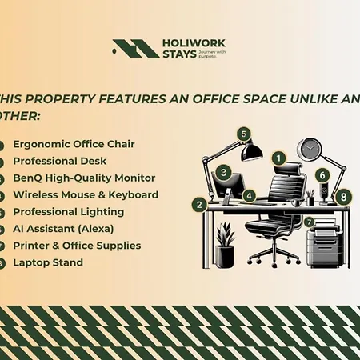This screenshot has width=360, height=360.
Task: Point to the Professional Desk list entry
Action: click(64, 161)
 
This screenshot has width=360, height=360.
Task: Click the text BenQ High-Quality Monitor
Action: click(84, 178)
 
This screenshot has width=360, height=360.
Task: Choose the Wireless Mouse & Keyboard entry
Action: click(86, 194)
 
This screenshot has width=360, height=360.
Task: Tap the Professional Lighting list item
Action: click(68, 212)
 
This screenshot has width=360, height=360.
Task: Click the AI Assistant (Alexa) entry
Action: click(66, 229)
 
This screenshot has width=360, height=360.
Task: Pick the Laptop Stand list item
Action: click(47, 262)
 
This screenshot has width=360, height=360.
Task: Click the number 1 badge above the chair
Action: click(278, 158)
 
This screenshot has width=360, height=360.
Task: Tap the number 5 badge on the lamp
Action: click(243, 134)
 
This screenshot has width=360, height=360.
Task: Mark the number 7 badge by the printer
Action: click(308, 220)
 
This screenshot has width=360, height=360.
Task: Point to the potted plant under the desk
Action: click(226, 244)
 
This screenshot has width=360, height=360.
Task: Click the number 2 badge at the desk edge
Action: click(198, 204)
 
